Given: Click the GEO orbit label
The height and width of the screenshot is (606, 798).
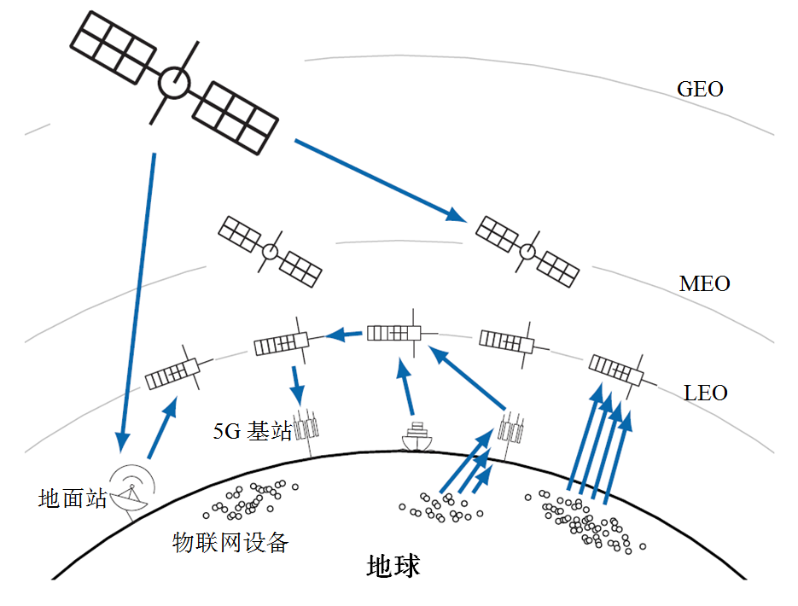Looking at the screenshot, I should click(700, 89).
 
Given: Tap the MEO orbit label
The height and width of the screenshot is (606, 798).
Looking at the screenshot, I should click(704, 283).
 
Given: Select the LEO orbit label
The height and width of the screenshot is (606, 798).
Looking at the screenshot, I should click(706, 393).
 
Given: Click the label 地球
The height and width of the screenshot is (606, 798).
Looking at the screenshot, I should click(393, 566).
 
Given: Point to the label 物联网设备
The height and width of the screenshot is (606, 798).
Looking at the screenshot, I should click(230, 542).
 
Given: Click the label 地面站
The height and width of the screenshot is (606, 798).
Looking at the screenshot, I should click(73, 498).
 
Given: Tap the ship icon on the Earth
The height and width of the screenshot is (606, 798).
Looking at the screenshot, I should click(416, 436).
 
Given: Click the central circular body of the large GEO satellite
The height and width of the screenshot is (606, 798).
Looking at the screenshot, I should click(174, 84).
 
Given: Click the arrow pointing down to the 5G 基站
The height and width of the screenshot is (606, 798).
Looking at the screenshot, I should click(296, 386).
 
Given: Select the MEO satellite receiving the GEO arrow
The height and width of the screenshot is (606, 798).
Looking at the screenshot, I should click(527, 250).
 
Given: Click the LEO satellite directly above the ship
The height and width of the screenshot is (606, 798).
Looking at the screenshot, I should click(394, 333).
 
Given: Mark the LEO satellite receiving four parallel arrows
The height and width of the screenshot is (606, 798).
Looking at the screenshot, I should click(616, 370).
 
